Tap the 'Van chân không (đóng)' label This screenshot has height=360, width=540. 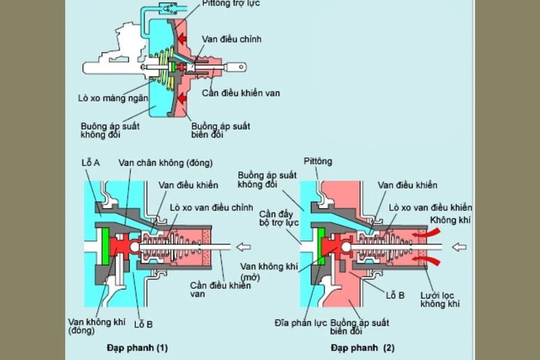pos(165,163)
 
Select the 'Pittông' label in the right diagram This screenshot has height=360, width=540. pos(323,161)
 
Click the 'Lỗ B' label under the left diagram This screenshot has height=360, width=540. pos(142,324)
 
